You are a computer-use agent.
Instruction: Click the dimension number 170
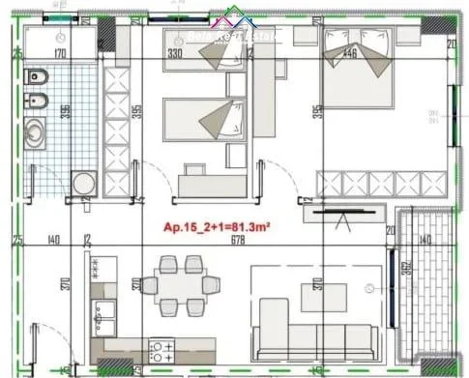60,54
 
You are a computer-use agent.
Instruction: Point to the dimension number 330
175,54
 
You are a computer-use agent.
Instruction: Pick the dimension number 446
350,54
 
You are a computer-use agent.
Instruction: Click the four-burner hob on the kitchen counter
161,349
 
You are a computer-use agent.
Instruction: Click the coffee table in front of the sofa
323,295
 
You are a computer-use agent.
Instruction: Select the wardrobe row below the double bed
383,181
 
